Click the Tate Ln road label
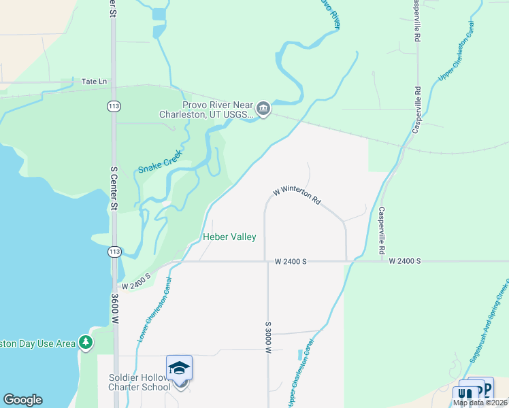pos(94,81)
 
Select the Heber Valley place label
pos(229,237)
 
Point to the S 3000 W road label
pos(269,337)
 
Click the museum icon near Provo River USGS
pos(263,108)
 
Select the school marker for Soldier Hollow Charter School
pos(179,369)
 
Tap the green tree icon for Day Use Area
pos(86,342)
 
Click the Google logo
pos(22,400)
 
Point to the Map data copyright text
pos(480,403)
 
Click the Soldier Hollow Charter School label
pos(139,383)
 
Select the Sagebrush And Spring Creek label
pos(488,320)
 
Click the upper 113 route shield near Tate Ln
pos(114,106)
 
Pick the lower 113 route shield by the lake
pos(114,252)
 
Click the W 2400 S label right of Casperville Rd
pos(406,261)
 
